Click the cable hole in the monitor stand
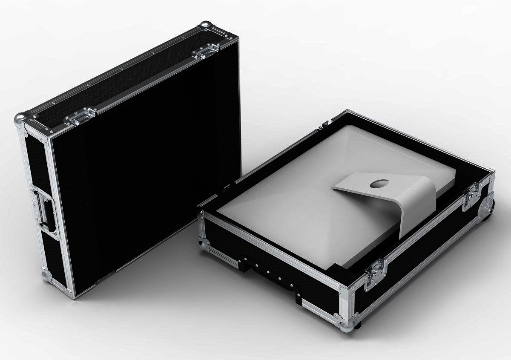point(378,184)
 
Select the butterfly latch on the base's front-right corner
point(375,269)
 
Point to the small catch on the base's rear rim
point(326,123)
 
